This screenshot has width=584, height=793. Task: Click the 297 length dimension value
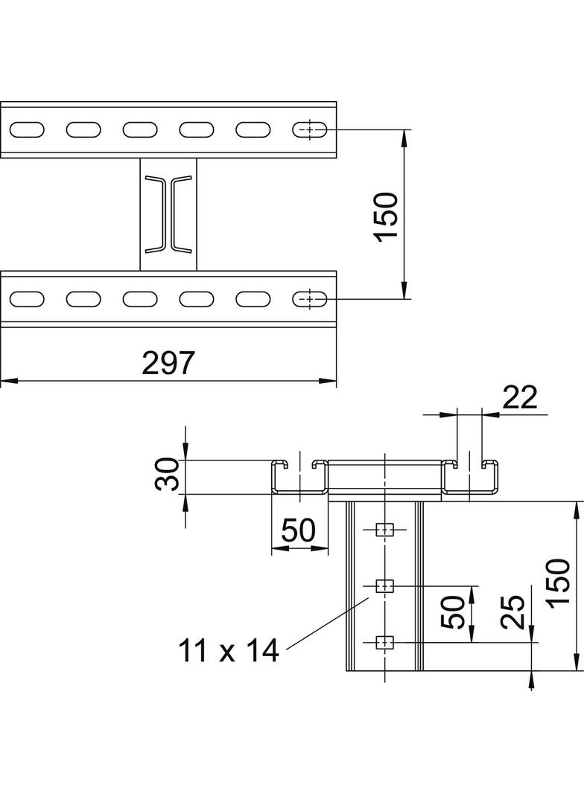(168, 363)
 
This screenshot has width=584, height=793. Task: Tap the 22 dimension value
(520, 399)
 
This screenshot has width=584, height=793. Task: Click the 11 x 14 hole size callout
(228, 651)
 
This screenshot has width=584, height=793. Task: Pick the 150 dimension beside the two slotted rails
(387, 216)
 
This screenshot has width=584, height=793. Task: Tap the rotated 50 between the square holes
(456, 612)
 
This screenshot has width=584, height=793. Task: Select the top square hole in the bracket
(384, 530)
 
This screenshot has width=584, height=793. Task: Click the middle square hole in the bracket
(384, 585)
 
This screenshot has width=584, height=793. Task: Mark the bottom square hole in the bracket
(384, 641)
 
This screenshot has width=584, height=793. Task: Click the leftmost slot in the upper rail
(27, 129)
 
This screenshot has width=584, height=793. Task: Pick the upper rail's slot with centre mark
(309, 129)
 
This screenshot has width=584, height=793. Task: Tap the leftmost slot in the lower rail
(27, 299)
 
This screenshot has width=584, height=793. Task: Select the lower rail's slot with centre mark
(309, 299)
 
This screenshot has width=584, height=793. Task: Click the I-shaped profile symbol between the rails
(168, 213)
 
